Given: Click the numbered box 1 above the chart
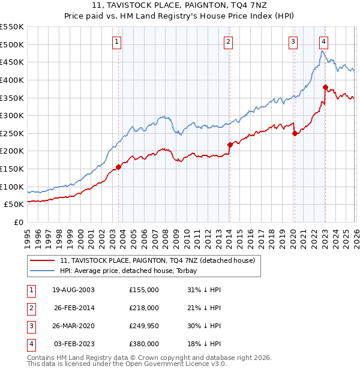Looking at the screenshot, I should (116, 41).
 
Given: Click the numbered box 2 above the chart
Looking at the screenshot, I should (229, 41).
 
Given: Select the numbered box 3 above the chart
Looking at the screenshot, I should (293, 41).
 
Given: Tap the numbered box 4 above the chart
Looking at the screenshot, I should (323, 41).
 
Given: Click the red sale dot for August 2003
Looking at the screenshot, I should (118, 167).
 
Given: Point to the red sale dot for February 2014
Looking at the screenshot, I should (230, 145).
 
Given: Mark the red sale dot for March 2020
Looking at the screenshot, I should (295, 134).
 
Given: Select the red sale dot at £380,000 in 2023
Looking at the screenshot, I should (325, 88).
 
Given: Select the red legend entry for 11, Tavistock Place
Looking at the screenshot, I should (157, 260).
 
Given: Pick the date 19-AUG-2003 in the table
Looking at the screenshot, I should (73, 290).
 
